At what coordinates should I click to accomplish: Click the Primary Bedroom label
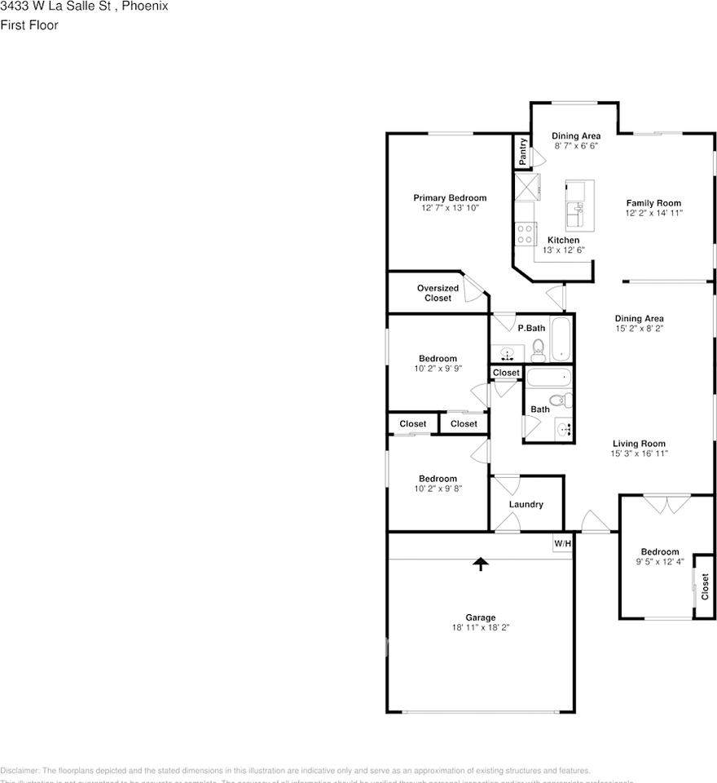[450, 198]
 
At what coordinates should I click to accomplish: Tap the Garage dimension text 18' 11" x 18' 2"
[481, 628]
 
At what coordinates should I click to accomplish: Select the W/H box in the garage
[562, 544]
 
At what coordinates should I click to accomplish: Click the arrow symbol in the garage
[481, 564]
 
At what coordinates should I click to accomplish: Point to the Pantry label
[522, 152]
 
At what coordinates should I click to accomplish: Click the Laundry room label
[526, 505]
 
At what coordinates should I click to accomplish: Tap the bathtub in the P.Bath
[562, 340]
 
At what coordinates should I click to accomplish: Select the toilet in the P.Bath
[538, 352]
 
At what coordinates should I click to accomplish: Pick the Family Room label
[653, 203]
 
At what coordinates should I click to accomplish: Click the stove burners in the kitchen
[526, 235]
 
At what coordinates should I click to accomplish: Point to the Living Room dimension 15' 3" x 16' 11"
[640, 454]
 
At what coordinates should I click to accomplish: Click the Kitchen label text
[563, 241]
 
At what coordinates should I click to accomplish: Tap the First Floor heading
[29, 25]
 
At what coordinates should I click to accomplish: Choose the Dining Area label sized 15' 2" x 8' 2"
[639, 319]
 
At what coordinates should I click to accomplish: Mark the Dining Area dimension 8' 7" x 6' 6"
[576, 147]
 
